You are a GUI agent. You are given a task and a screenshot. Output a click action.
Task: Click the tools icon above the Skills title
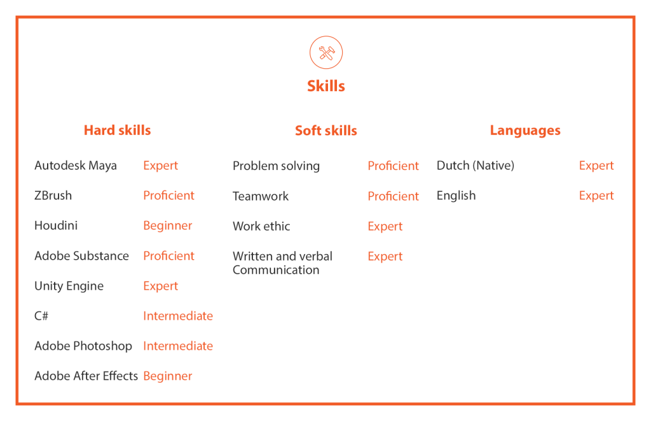326,52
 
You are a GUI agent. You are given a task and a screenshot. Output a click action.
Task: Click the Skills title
326,86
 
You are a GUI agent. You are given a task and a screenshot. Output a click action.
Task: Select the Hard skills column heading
117,130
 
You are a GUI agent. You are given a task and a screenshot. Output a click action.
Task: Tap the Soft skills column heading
326,131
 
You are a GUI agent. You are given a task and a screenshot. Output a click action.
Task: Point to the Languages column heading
525,131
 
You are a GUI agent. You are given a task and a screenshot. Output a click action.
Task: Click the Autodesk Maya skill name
76,166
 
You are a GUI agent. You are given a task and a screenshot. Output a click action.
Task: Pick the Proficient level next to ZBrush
168,196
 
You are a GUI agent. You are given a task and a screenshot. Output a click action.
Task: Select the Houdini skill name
56,225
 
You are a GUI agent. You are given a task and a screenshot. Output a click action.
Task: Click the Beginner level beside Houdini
168,226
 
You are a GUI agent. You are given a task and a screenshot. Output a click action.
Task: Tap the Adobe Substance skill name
82,256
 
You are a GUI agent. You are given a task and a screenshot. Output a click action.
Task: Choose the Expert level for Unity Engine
161,286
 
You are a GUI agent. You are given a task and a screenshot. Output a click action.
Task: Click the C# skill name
41,316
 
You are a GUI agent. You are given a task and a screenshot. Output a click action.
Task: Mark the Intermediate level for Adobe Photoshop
178,346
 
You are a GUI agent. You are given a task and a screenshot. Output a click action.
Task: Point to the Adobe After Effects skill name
86,376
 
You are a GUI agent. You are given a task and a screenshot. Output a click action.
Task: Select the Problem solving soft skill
276,166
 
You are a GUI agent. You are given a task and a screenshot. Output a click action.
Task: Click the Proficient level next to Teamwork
393,196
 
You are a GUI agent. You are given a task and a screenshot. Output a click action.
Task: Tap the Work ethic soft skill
261,226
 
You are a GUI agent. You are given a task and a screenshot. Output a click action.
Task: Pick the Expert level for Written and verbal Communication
385,257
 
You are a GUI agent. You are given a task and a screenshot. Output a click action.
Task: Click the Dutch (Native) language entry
476,166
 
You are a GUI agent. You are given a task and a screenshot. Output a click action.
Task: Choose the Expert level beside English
596,196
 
